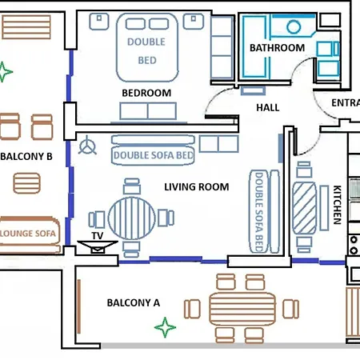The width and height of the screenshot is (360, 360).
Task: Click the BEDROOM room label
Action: coord(146,93)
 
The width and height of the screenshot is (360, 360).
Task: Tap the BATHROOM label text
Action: coord(277,48)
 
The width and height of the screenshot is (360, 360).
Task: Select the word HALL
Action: coord(267,107)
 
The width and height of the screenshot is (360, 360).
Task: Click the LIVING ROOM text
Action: coord(196,187)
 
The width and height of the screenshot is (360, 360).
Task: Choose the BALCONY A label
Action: coord(134,302)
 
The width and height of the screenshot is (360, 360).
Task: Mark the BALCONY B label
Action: coord(26,157)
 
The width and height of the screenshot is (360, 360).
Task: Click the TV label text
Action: coord(98,237)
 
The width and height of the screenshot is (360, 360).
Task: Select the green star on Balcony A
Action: coord(164,327)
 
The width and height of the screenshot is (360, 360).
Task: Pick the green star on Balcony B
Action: coord(6,72)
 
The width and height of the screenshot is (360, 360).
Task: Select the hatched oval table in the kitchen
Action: coord(305,206)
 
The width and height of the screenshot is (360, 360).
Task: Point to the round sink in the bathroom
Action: coord(293,26)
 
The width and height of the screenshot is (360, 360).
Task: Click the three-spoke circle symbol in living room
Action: coord(88,147)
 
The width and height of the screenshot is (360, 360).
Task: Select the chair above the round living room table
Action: coord(130,185)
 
